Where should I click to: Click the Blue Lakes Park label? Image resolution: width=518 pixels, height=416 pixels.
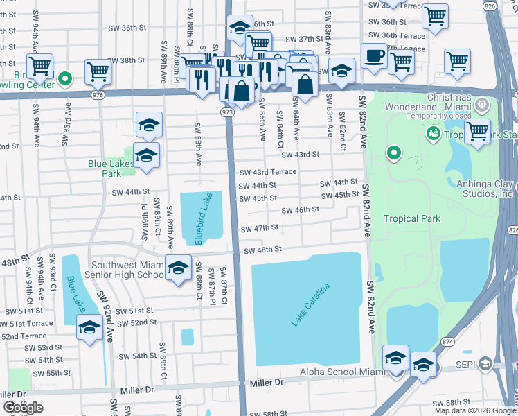111,168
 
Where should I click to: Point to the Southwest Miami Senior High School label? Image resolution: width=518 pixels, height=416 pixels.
120,269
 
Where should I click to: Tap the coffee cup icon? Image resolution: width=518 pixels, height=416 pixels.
374,55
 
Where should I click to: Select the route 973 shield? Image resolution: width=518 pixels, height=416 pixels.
227,111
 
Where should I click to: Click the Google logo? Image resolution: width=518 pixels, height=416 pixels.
23,408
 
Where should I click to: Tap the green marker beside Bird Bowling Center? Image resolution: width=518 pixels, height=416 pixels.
66,78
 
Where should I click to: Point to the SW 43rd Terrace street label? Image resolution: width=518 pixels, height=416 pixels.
267,172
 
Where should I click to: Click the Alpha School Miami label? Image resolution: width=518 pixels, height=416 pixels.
341,372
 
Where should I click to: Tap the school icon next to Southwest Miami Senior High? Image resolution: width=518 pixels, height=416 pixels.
178,268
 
